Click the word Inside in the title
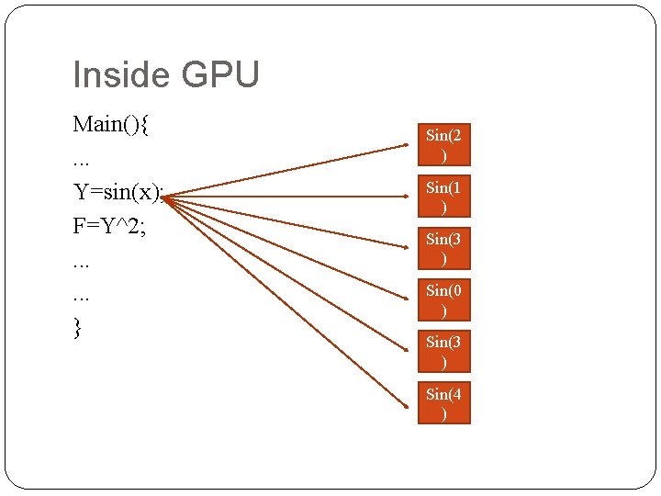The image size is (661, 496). click(116, 75)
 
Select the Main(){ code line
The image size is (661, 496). click(111, 124)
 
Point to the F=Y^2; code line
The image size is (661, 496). click(109, 226)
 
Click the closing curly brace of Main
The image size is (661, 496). click(77, 328)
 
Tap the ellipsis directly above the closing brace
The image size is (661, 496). click(82, 298)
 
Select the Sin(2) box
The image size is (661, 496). click(443, 145)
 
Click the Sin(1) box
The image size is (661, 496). click(443, 197)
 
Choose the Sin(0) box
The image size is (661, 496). click(443, 299)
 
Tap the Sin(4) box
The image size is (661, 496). click(443, 402)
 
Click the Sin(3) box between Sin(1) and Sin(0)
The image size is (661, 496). click(443, 248)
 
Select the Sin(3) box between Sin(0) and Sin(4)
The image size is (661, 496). click(443, 351)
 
